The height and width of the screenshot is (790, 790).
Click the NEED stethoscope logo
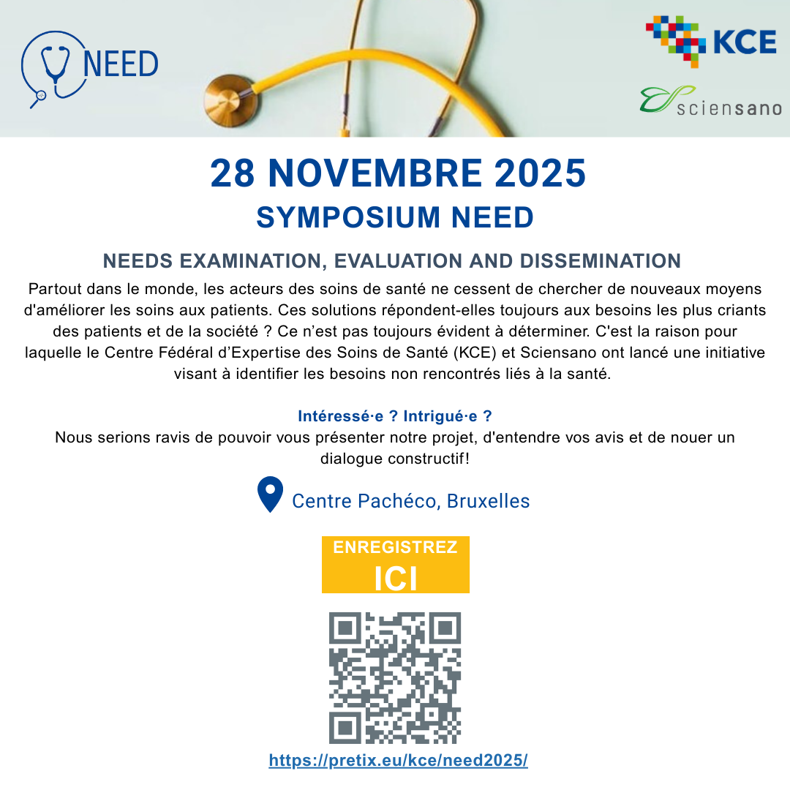point(89,67)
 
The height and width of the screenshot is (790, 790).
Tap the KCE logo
point(710,41)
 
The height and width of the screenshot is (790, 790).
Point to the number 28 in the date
point(232,173)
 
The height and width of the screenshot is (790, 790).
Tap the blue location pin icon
point(271,494)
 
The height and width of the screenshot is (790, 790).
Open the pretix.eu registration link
point(398,760)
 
